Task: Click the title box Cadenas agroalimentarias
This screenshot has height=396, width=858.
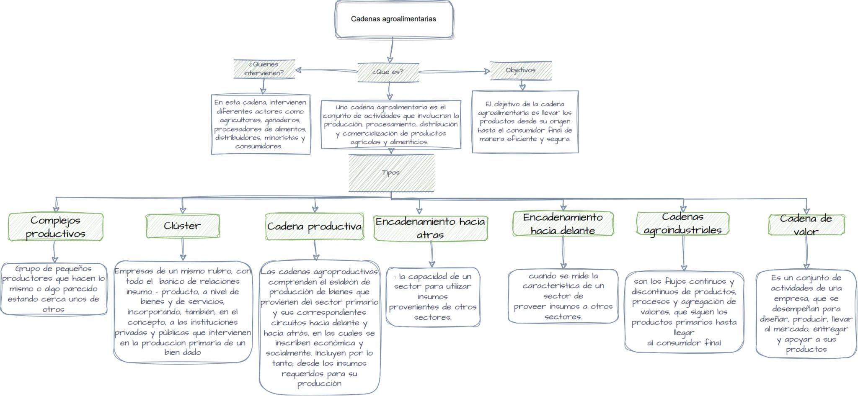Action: [x=394, y=19]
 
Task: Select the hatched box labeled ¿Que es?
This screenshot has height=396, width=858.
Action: [x=388, y=72]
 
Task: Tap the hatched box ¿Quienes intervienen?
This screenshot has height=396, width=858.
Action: [x=264, y=69]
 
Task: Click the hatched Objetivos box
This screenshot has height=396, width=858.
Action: [x=521, y=70]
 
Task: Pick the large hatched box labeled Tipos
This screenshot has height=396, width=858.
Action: [x=391, y=172]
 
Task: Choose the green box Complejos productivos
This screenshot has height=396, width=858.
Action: [x=56, y=227]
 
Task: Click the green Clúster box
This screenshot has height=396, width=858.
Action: [x=182, y=226]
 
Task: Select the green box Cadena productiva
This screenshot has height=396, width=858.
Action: [x=314, y=226]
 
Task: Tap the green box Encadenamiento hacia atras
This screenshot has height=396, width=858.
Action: [x=430, y=228]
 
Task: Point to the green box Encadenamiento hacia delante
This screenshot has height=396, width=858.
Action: [x=563, y=224]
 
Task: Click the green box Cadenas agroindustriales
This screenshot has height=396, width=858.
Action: [x=682, y=223]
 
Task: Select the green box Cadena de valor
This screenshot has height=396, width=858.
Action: [x=806, y=225]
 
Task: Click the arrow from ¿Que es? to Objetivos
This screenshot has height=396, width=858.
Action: [x=455, y=72]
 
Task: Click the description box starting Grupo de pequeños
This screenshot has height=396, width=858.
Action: [x=54, y=289]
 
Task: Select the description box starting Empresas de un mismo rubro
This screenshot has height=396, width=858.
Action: [x=183, y=311]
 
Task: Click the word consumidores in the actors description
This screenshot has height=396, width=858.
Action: [x=258, y=146]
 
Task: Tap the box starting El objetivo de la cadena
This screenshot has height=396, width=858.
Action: [x=525, y=121]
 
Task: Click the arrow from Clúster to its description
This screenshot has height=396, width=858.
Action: [x=183, y=249]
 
